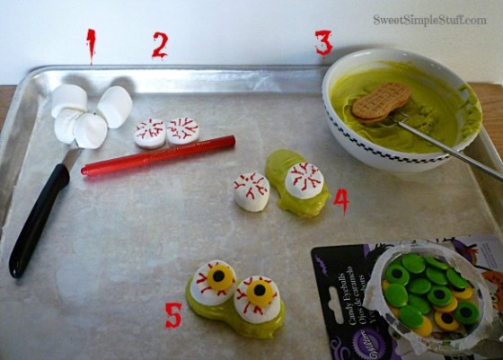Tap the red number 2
[159, 45]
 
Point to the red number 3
[323, 42]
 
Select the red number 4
[340, 199]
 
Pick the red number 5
[173, 314]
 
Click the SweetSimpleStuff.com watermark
[429, 19]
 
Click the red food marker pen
[157, 155]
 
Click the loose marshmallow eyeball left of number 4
[251, 190]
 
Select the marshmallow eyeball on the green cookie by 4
[304, 180]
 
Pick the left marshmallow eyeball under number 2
[150, 133]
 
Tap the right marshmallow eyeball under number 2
[182, 130]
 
